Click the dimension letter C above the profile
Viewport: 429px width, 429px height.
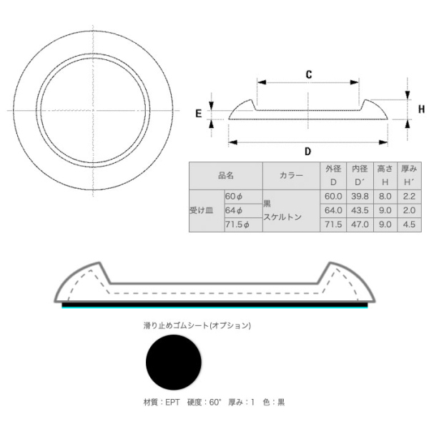(309, 74)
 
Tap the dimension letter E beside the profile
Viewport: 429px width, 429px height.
(199, 114)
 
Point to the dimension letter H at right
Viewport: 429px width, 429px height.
(421, 109)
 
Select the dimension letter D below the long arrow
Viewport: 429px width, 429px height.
(308, 152)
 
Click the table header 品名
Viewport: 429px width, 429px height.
(226, 175)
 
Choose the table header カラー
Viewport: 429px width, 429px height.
(291, 175)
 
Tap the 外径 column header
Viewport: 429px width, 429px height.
(333, 169)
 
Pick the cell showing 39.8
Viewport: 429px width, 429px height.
(360, 197)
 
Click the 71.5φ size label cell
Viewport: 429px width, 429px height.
(244, 225)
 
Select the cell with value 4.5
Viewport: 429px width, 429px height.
(409, 225)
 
